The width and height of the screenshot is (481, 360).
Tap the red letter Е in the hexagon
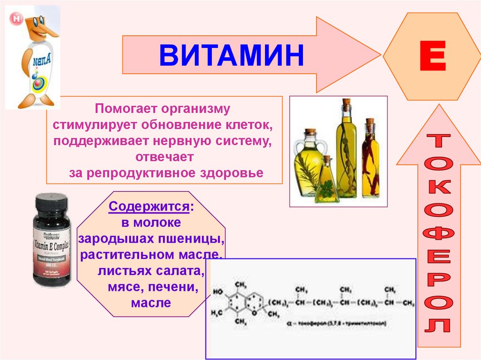click(432, 57)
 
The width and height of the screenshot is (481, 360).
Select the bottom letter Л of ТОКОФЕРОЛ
click(440, 325)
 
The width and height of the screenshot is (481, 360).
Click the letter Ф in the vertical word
click(440, 234)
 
